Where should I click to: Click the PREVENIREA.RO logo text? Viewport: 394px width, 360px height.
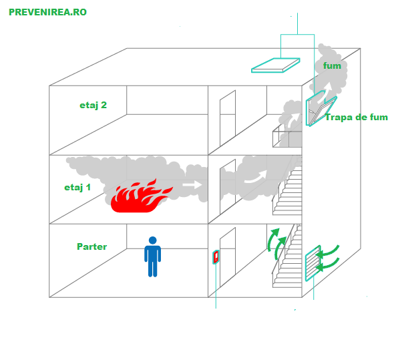click(47, 12)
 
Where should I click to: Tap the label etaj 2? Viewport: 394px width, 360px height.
click(93, 105)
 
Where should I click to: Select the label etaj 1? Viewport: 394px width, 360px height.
click(77, 187)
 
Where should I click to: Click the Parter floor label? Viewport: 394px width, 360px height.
click(91, 246)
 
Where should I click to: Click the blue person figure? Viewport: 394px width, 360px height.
click(152, 256)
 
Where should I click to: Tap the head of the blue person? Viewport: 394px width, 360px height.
click(152, 240)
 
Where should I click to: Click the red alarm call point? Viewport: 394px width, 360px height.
click(216, 257)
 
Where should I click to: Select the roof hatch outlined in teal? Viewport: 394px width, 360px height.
click(276, 65)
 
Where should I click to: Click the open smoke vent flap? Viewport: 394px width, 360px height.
click(321, 109)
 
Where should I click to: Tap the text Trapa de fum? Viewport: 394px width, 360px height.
click(357, 117)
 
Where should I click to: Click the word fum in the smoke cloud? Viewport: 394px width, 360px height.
click(332, 65)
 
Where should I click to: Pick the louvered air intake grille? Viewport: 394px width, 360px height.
click(313, 263)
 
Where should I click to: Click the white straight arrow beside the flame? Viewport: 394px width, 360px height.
click(192, 185)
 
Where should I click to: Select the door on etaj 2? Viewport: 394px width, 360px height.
click(228, 118)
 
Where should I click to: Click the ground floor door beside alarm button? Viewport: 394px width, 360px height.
click(228, 257)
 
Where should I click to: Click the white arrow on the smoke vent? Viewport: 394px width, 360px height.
click(325, 93)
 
